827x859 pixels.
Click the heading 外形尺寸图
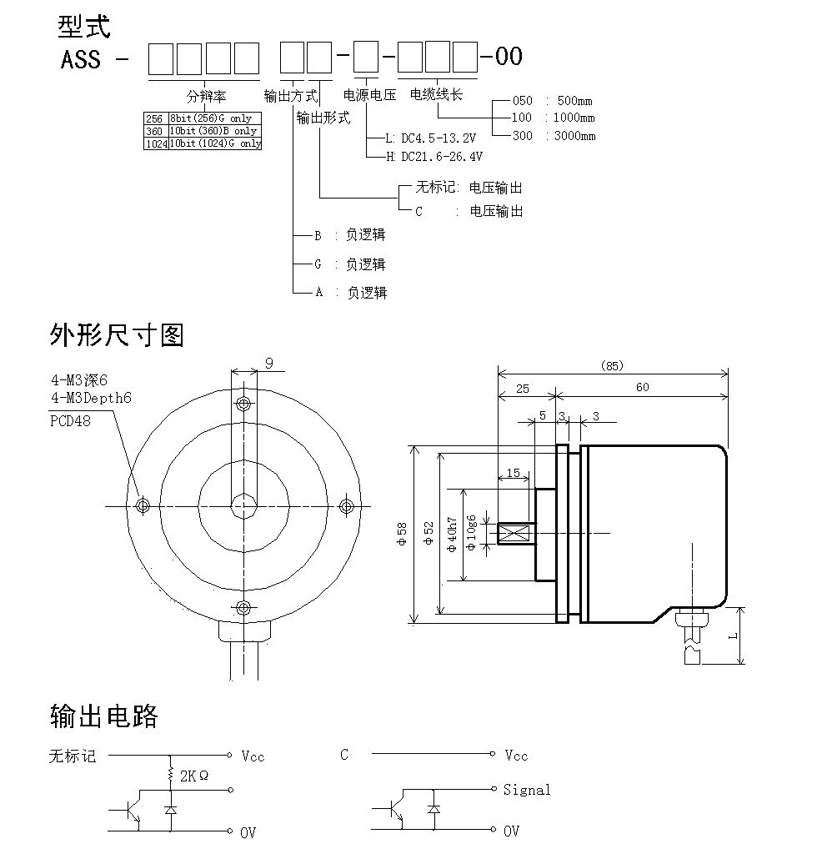[117, 335]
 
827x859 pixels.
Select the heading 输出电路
[104, 716]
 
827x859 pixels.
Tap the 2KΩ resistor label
[194, 775]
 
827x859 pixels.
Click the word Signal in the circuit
[527, 790]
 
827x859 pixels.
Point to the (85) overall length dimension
[612, 365]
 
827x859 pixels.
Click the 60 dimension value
[642, 387]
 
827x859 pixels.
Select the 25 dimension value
[522, 388]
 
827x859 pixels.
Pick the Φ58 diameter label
[403, 534]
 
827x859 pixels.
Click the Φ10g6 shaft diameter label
[472, 534]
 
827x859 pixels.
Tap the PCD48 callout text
[71, 420]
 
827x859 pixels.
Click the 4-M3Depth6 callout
[91, 398]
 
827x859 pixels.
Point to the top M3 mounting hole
[243, 404]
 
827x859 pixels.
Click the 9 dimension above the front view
[268, 363]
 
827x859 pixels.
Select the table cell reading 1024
[156, 143]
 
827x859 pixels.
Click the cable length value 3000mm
[575, 136]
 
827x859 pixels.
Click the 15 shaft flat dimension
[513, 473]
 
